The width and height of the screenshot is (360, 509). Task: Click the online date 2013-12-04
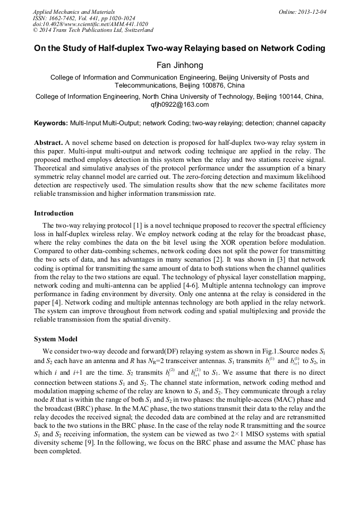pos(312,11)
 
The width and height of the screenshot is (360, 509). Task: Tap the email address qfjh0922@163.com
pos(179,105)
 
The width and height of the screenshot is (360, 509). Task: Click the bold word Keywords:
pos(51,123)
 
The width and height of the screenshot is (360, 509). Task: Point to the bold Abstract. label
pos(48,143)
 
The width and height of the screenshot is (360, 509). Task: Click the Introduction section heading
pos(54,213)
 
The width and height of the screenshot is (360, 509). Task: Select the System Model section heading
pos(55,339)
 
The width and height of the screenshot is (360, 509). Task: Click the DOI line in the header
pos(90,24)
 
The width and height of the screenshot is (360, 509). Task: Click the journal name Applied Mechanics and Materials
pos(74,11)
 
